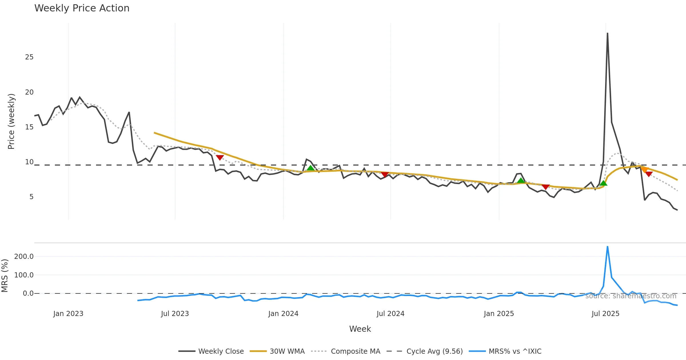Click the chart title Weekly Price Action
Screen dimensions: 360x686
(82, 8)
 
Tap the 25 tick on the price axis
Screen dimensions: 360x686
(29, 57)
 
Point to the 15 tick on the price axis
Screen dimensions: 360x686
(29, 127)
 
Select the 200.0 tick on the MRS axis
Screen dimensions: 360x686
(24, 257)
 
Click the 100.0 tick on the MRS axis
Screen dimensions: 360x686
(24, 275)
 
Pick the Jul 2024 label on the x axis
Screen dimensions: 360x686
(390, 314)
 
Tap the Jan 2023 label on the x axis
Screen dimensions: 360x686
(68, 314)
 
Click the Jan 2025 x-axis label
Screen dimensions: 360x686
(499, 314)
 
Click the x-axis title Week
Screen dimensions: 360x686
(360, 329)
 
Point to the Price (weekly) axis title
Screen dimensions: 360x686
(11, 121)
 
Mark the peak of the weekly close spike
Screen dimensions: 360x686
(607, 33)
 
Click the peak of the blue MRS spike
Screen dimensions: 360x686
(607, 247)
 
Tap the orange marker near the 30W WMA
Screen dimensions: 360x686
(644, 169)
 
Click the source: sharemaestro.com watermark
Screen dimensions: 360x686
(631, 296)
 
